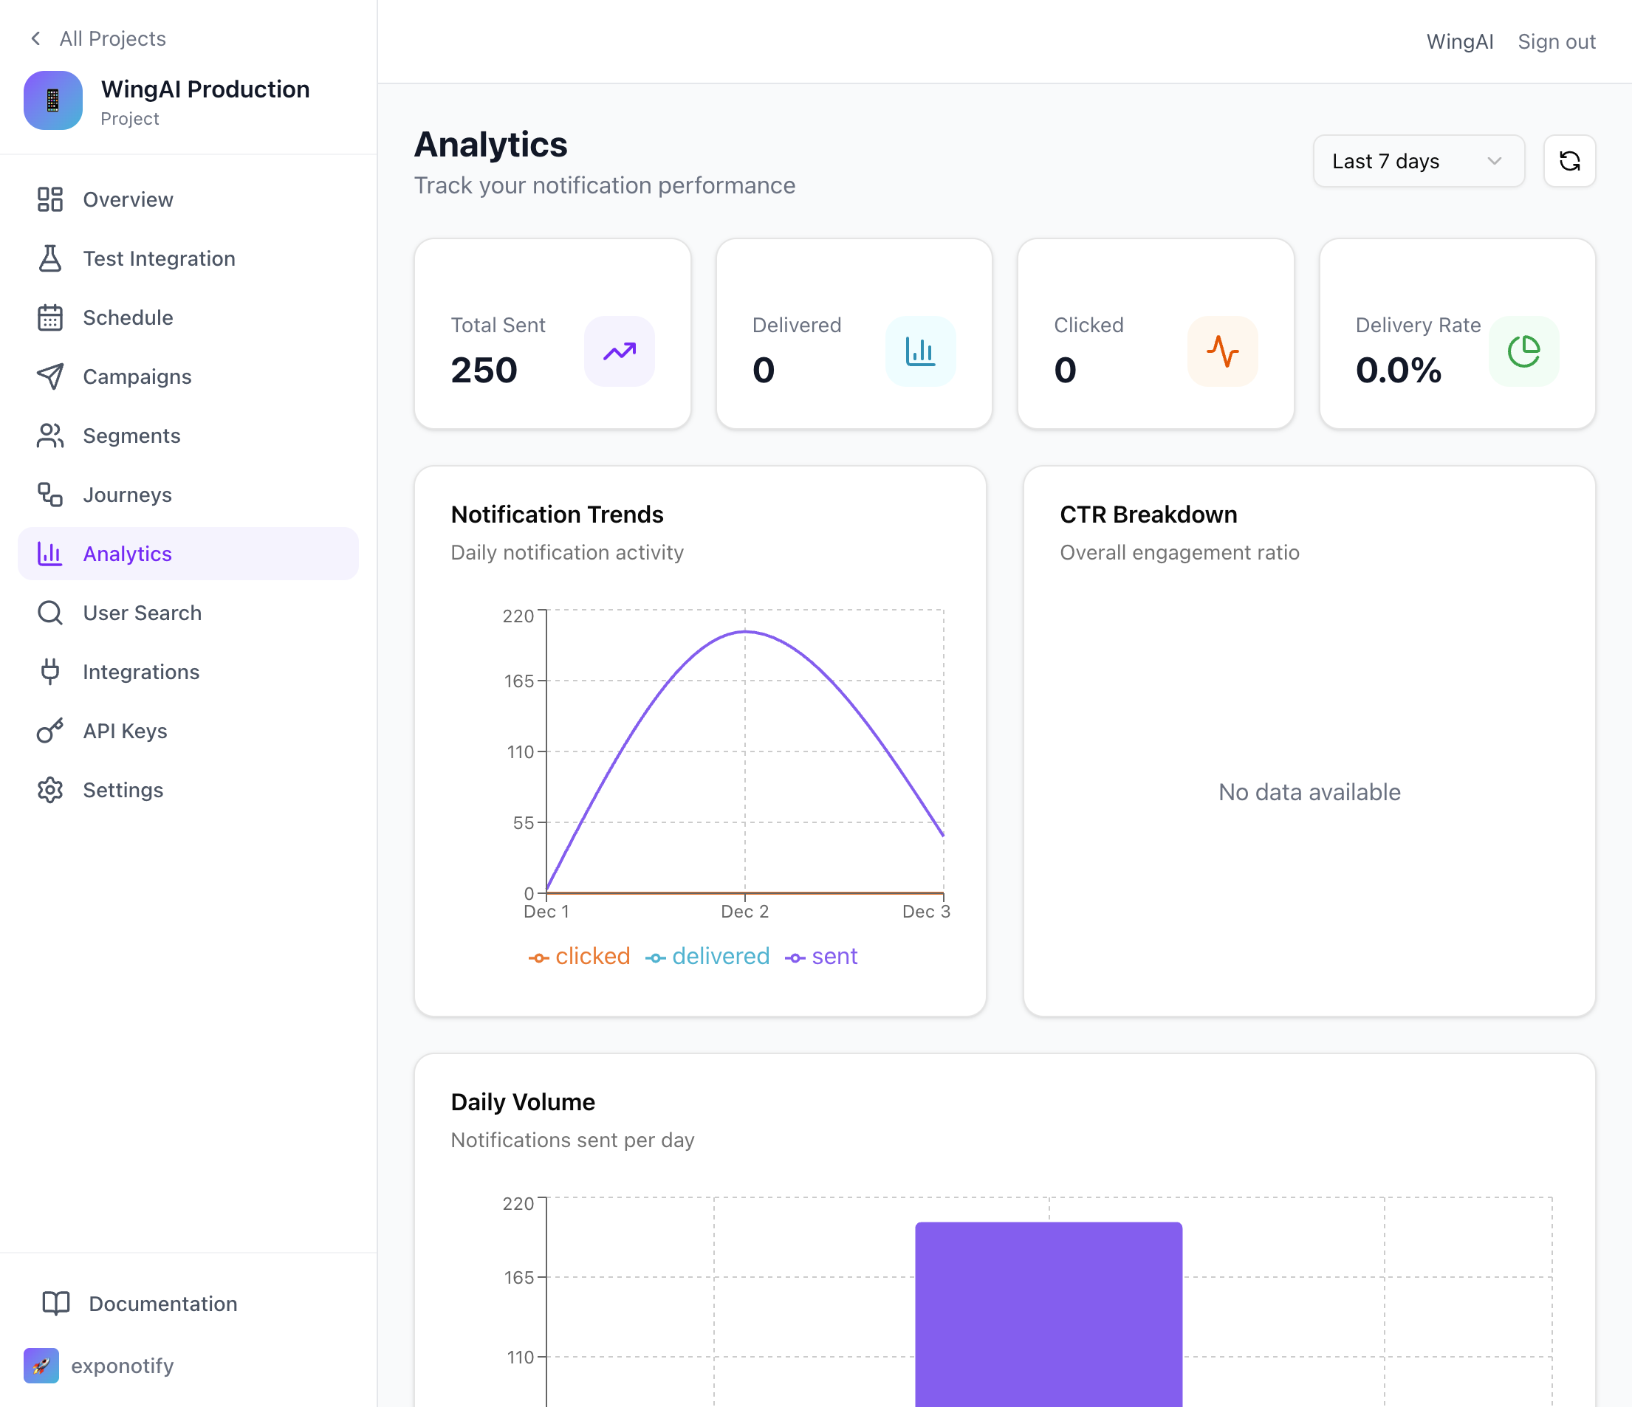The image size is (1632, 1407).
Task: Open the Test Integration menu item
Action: tap(158, 258)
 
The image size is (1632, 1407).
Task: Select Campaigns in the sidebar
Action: tap(137, 376)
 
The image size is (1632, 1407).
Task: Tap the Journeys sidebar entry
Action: tap(127, 495)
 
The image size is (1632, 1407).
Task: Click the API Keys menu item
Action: tap(125, 731)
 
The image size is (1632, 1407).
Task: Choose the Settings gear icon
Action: tap(49, 790)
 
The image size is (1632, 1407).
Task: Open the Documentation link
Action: tap(162, 1303)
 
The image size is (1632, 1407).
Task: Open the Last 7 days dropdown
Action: tap(1418, 161)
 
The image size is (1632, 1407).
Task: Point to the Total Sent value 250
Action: tap(484, 370)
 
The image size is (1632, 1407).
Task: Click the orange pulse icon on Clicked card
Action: tap(1221, 351)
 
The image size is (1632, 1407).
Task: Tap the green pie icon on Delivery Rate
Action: tap(1523, 351)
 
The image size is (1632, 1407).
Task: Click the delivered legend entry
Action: tap(707, 956)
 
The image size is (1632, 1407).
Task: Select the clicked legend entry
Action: tap(580, 956)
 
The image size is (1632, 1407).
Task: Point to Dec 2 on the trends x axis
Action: tap(744, 911)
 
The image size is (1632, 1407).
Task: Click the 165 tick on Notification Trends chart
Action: tap(518, 681)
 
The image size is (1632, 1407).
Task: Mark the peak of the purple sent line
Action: tap(745, 631)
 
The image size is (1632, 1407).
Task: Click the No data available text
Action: tap(1309, 791)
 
